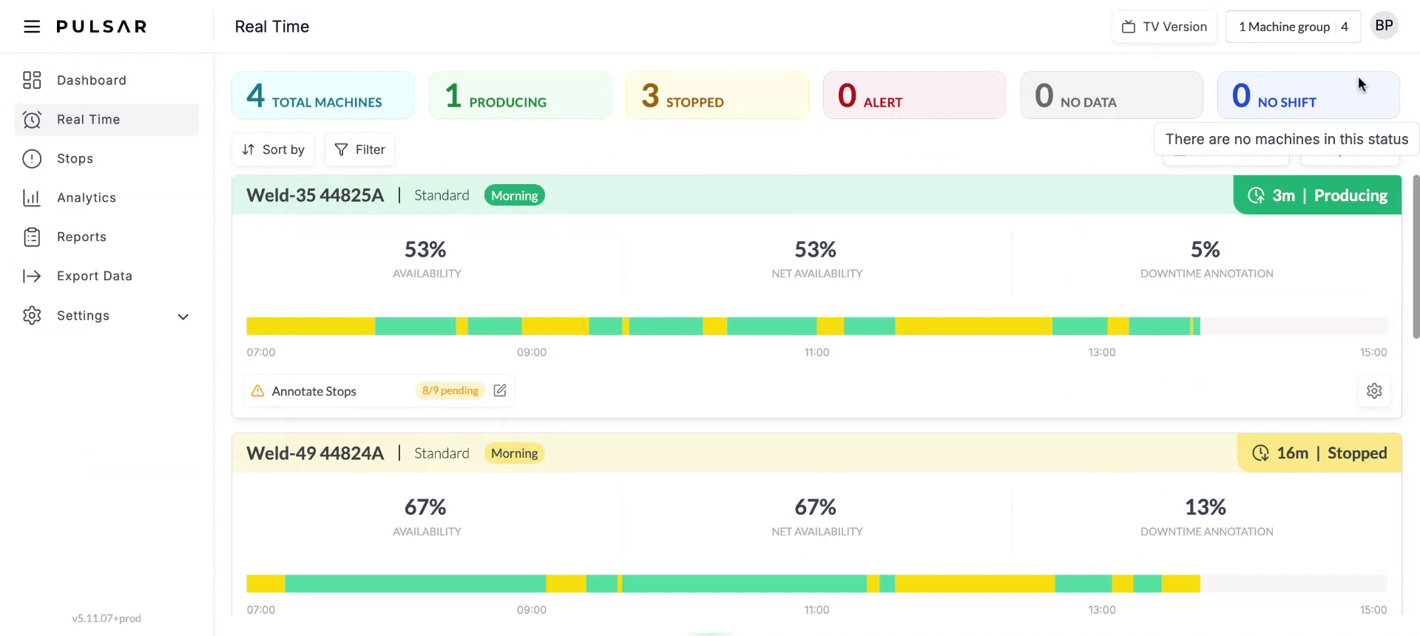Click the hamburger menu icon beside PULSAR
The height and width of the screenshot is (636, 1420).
pos(32,27)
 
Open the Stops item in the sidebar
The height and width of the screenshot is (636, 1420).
pos(75,158)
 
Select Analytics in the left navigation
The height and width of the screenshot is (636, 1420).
pos(86,197)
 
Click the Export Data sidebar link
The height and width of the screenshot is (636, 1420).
pos(94,276)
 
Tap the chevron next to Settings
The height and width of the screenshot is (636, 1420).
pos(183,317)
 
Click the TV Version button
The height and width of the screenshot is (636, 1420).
pos(1164,27)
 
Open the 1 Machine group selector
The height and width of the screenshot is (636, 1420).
pos(1292,27)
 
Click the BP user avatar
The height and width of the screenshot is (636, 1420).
pos(1384,26)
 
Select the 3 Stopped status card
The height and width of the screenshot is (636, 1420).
pos(717,95)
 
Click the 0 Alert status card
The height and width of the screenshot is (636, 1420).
pos(913,95)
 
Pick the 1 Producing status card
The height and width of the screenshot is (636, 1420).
pos(520,95)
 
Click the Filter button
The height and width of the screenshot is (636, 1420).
pos(359,149)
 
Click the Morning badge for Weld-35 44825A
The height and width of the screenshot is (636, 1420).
pos(514,195)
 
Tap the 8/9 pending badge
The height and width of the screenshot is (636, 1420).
pos(450,390)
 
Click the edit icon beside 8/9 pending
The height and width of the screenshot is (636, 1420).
pos(500,390)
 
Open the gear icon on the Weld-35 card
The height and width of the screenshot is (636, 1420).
pos(1374,390)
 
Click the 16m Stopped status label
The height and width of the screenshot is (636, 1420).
pos(1319,453)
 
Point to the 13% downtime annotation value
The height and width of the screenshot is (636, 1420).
pos(1205,507)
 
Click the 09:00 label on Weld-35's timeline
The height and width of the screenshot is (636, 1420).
pos(531,352)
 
